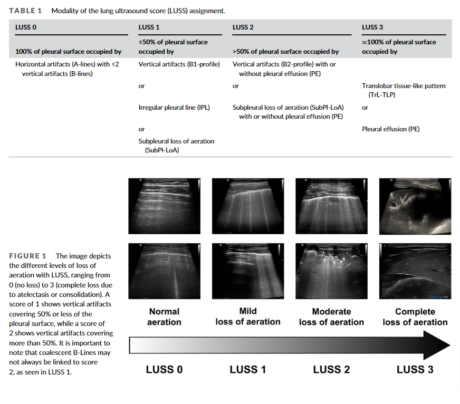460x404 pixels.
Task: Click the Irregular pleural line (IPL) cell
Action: pyautogui.click(x=174, y=108)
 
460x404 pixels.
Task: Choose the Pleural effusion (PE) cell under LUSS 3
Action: pyautogui.click(x=390, y=129)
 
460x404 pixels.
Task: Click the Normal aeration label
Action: pyautogui.click(x=164, y=316)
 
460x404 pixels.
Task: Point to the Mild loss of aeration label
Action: pyautogui.click(x=248, y=316)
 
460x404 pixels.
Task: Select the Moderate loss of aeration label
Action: pyautogui.click(x=331, y=316)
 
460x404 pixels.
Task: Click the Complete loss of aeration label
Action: pyautogui.click(x=415, y=316)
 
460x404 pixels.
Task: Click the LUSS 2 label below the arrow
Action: pyautogui.click(x=331, y=370)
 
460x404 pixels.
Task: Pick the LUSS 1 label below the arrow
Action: pyautogui.click(x=248, y=370)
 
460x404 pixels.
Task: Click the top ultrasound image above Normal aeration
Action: pyautogui.click(x=164, y=206)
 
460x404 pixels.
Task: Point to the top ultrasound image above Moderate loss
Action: pyautogui.click(x=331, y=206)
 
